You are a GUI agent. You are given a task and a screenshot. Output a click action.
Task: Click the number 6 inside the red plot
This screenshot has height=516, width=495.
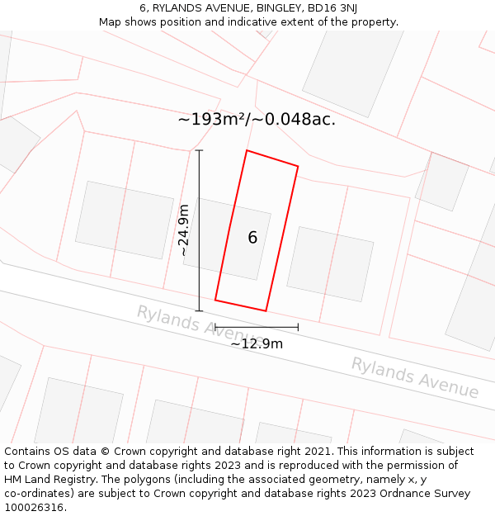pos(252,238)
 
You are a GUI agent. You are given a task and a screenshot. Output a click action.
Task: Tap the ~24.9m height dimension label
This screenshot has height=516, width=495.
pos(184,231)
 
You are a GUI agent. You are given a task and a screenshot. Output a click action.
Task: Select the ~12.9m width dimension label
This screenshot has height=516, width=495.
pos(257,343)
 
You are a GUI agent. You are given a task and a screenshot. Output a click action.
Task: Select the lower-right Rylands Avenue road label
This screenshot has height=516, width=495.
pos(414,377)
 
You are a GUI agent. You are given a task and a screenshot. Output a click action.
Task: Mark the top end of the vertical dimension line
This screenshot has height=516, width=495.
pos(199,150)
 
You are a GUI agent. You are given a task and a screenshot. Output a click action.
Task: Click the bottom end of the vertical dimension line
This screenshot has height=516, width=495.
pos(199,310)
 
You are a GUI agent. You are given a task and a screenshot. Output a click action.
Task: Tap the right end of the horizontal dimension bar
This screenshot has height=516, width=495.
pos(298,328)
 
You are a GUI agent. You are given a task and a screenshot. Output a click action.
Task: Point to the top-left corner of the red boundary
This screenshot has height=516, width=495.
pos(247,151)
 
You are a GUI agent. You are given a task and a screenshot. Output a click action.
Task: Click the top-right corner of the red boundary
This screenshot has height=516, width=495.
pos(298,167)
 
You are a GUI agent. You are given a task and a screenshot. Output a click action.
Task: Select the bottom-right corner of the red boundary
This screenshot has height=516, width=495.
pos(266,310)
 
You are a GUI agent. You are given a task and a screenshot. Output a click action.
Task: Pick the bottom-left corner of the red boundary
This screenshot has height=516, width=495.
pos(215,300)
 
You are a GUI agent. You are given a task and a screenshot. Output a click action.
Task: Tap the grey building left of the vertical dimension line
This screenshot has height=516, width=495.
pos(124,220)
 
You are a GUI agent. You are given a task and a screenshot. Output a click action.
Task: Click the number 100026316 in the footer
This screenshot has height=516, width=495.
pos(33,507)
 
